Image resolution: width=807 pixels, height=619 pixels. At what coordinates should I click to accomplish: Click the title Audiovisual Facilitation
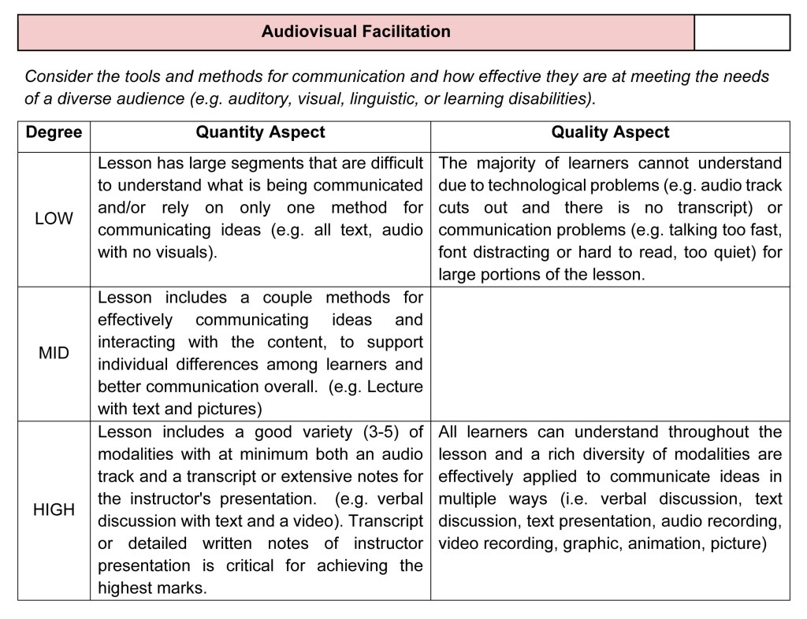355,32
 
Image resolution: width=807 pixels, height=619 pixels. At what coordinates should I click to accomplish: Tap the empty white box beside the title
742,32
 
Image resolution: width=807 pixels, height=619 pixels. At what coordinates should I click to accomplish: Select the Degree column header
54,133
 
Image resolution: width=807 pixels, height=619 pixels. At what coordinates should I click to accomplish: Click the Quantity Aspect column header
260,133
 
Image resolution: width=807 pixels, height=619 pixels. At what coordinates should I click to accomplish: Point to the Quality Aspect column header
610,133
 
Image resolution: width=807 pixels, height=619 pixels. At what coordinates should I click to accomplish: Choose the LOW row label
54,218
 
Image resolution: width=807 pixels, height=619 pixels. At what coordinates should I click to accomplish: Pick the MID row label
54,353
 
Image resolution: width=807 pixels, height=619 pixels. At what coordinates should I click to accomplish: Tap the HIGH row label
54,510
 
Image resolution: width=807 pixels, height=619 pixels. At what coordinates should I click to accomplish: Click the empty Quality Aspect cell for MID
610,353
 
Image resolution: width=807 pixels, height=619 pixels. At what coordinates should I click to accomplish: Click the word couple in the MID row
268,298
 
